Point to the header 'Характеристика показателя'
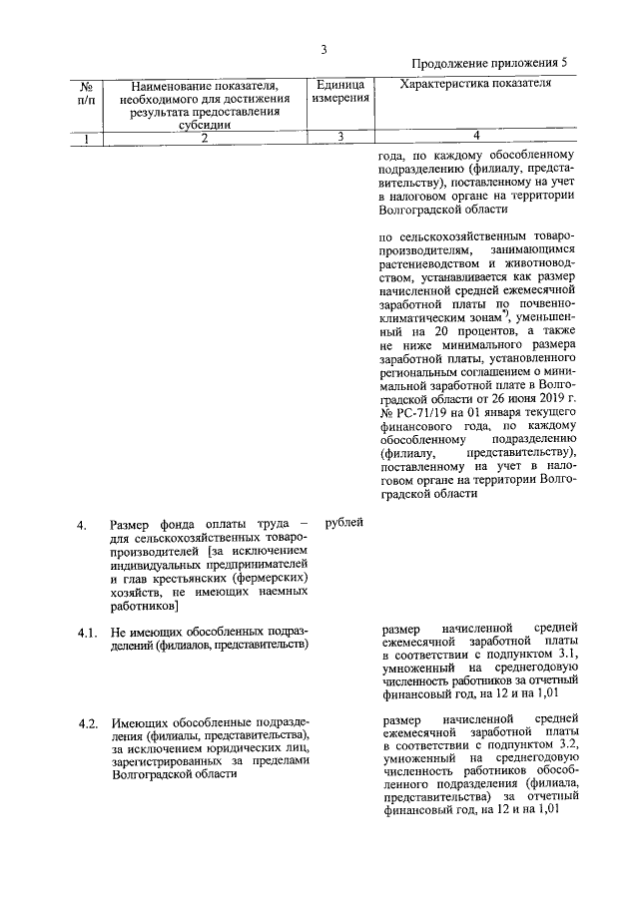click(475, 85)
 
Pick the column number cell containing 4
click(475, 137)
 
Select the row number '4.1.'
click(88, 632)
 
